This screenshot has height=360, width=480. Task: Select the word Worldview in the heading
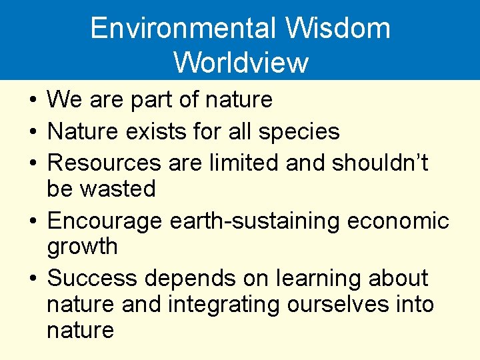coord(241,62)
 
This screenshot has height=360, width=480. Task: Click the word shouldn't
coord(381,163)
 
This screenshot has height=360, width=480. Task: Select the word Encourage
coord(105,221)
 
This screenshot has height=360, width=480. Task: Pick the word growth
coord(82,247)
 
